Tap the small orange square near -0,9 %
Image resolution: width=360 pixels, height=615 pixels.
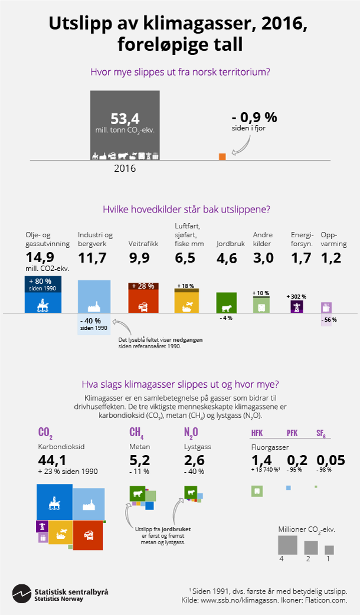222,156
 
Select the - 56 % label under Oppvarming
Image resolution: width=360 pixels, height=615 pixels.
329,319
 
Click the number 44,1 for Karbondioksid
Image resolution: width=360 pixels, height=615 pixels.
52,459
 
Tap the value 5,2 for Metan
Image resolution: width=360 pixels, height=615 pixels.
139,459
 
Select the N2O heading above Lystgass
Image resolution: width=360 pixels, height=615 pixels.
191,434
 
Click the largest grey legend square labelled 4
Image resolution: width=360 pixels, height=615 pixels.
287,544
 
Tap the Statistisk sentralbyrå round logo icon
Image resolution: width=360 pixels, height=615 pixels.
22,593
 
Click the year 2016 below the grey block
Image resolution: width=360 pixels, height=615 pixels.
125,168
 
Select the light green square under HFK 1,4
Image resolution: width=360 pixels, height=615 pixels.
256,490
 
